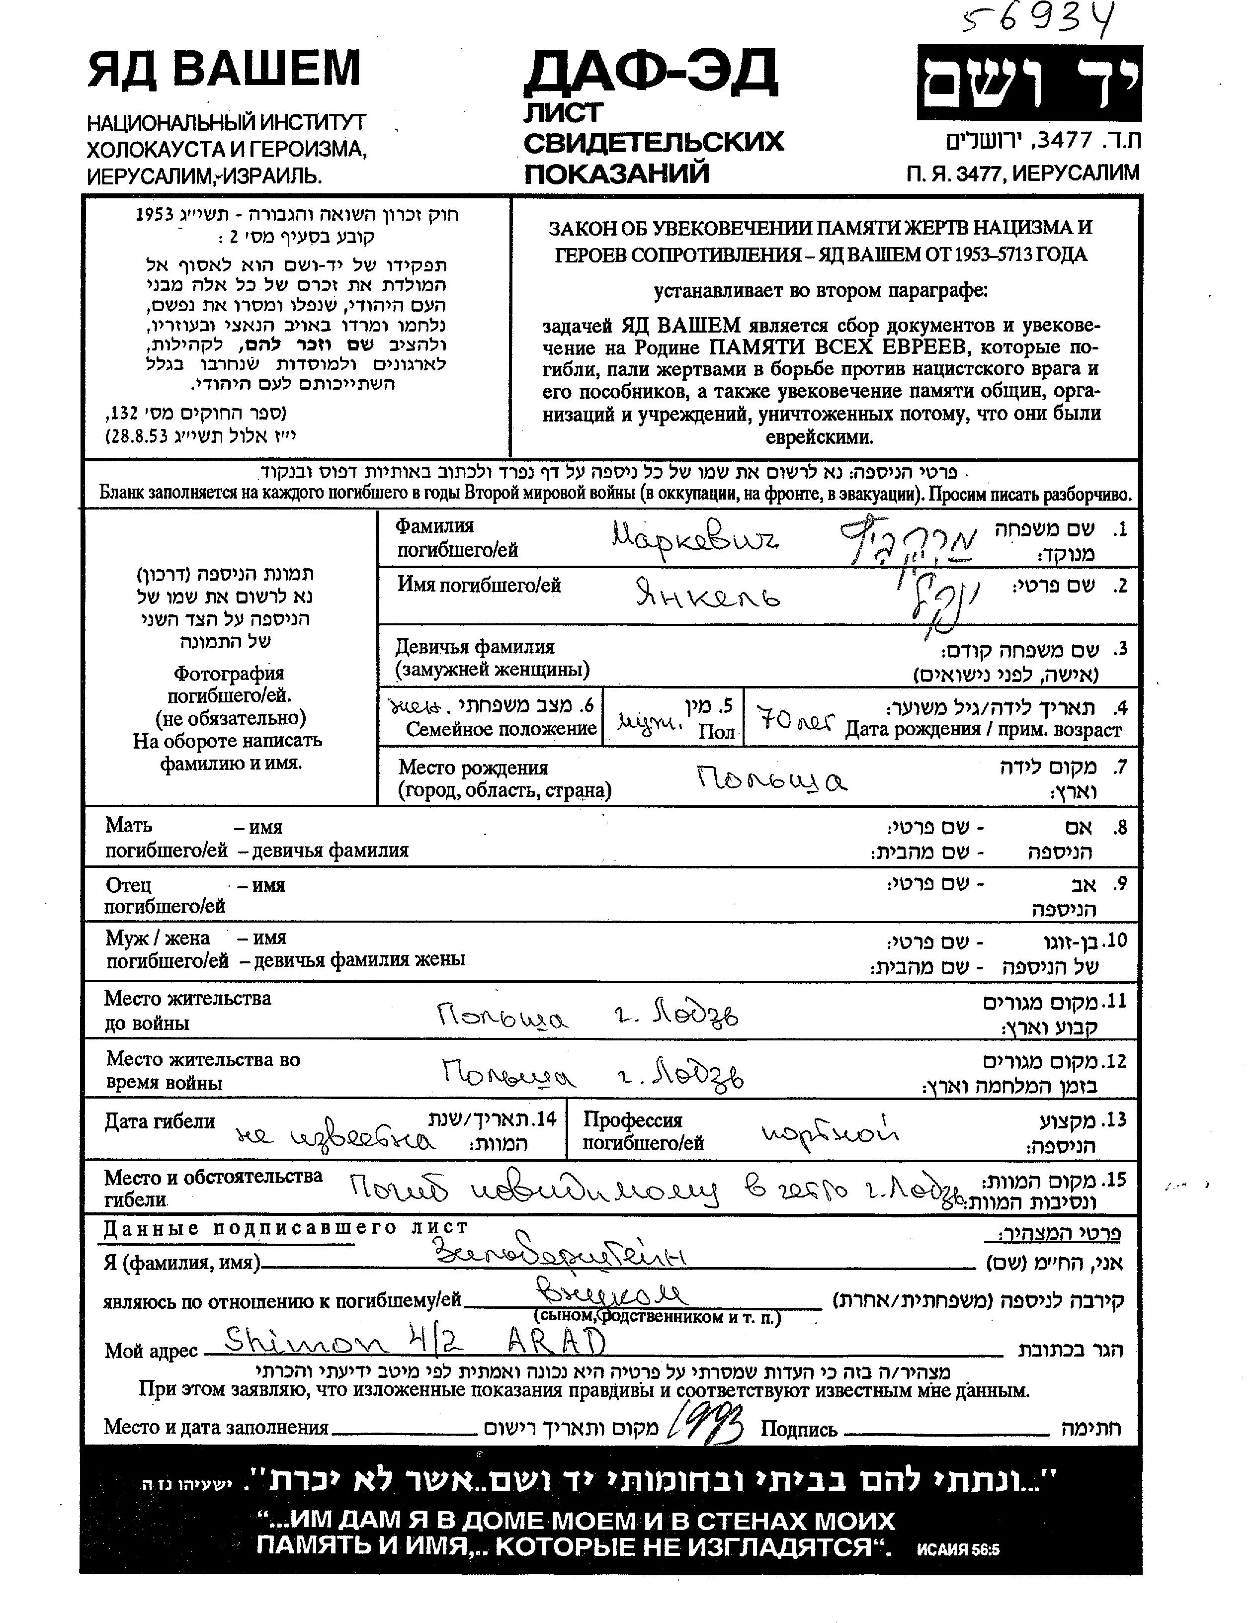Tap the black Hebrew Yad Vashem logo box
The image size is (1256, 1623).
(x=1028, y=83)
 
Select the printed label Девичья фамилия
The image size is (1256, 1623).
(x=474, y=647)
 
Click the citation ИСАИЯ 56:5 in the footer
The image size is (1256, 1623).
(x=958, y=1550)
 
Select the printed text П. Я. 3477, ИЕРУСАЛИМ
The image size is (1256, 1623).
(x=1022, y=173)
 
